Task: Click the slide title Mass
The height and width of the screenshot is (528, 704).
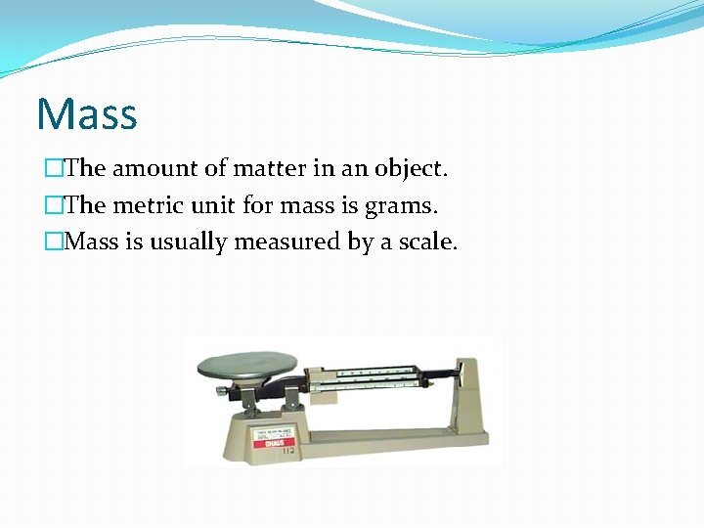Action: tap(87, 114)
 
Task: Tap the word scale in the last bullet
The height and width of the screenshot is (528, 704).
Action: tap(426, 242)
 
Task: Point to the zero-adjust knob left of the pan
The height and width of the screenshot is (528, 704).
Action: tap(224, 391)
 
